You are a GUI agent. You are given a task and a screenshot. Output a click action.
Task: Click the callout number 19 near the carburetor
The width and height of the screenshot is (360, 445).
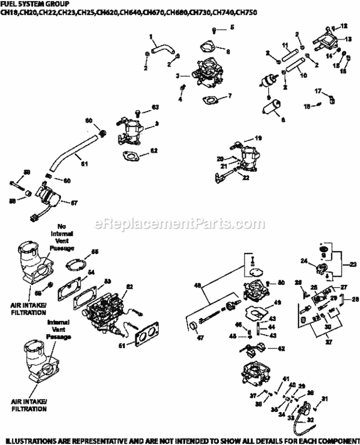click(258, 138)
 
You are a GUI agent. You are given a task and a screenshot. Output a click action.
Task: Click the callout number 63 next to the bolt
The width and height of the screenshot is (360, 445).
click(155, 106)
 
